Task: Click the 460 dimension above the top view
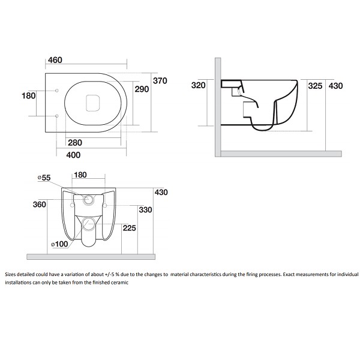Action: tap(55, 60)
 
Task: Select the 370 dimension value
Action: tap(160, 81)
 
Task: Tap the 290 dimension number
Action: tap(142, 89)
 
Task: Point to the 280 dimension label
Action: tap(75, 143)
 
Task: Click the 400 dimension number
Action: tap(73, 155)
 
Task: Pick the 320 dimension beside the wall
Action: tap(199, 85)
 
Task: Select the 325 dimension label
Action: tap(315, 86)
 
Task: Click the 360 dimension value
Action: tap(40, 205)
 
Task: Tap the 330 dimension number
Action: tap(145, 209)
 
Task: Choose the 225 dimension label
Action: tap(130, 228)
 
